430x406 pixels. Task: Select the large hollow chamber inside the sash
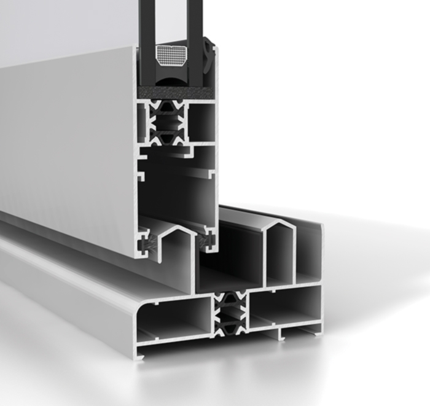tap(178, 184)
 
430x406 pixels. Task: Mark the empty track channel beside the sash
tap(240, 258)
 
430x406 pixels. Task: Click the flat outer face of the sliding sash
tap(68, 141)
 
